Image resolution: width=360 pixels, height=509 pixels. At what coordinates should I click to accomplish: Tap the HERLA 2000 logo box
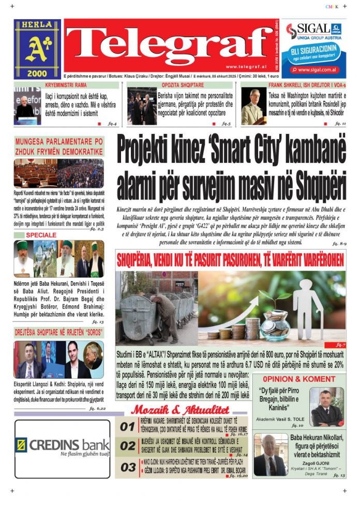(37, 50)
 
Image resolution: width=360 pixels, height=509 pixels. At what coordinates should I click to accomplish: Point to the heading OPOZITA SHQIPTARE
(183, 85)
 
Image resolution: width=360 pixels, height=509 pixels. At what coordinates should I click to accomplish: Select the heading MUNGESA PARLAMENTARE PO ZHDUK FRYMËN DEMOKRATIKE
(59, 146)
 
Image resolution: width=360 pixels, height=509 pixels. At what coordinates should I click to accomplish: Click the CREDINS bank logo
(63, 445)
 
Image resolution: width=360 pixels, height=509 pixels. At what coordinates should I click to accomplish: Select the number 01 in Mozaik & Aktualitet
(127, 427)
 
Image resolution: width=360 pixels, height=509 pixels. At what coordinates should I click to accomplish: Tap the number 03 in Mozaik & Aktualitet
(127, 467)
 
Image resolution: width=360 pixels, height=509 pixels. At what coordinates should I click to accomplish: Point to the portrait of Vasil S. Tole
(326, 406)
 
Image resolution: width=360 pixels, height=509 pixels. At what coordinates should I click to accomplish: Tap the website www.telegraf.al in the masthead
(245, 67)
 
